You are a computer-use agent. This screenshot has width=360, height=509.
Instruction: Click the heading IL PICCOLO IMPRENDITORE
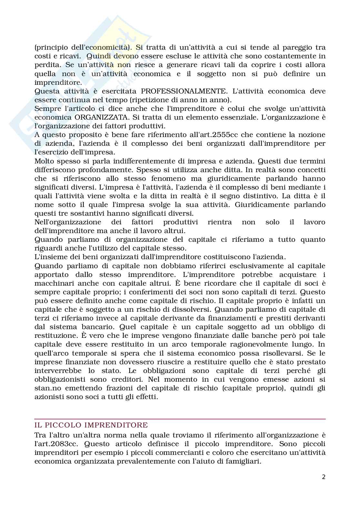[91, 425]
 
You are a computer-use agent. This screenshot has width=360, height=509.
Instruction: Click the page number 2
[324, 477]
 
